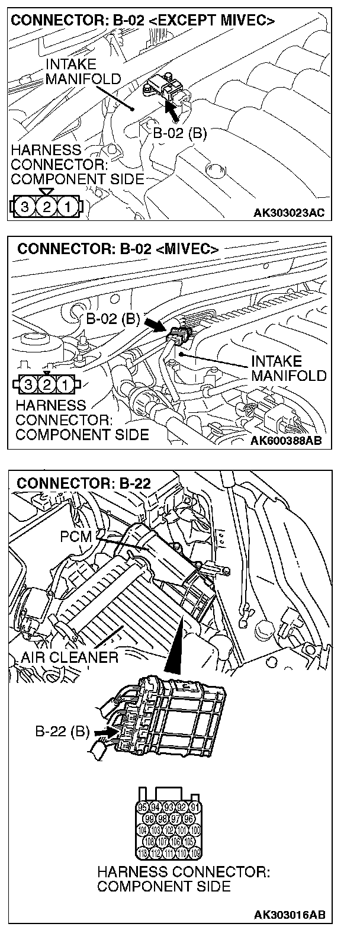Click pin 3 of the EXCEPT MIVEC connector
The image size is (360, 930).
(24, 207)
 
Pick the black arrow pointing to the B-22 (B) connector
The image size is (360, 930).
(102, 733)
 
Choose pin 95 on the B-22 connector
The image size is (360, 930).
(143, 807)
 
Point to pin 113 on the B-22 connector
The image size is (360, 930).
(143, 853)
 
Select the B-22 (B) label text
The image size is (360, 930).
(61, 731)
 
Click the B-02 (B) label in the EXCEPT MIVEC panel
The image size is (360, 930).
(180, 133)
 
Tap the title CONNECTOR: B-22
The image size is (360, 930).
(84, 483)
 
